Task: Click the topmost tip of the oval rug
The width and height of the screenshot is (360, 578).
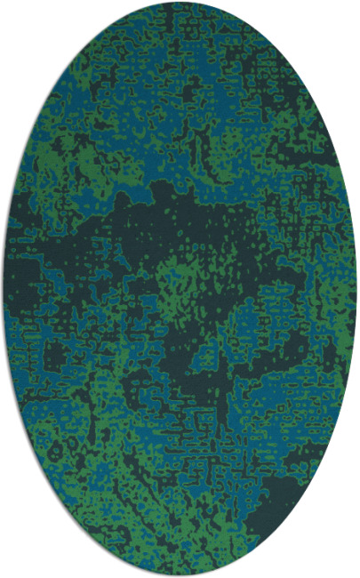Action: (180, 3)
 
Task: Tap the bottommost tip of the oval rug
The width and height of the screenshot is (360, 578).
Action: (180, 575)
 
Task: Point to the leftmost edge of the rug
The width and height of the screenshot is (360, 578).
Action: (4, 289)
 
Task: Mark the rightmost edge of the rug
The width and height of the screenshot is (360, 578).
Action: (356, 289)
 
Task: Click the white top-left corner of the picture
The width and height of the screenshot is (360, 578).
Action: (3, 3)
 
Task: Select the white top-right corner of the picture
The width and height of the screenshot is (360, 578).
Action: (356, 3)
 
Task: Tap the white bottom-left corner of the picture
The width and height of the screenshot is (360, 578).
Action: (3, 574)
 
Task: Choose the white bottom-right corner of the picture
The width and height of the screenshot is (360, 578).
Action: (356, 574)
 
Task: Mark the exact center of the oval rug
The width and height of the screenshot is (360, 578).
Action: (180, 289)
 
